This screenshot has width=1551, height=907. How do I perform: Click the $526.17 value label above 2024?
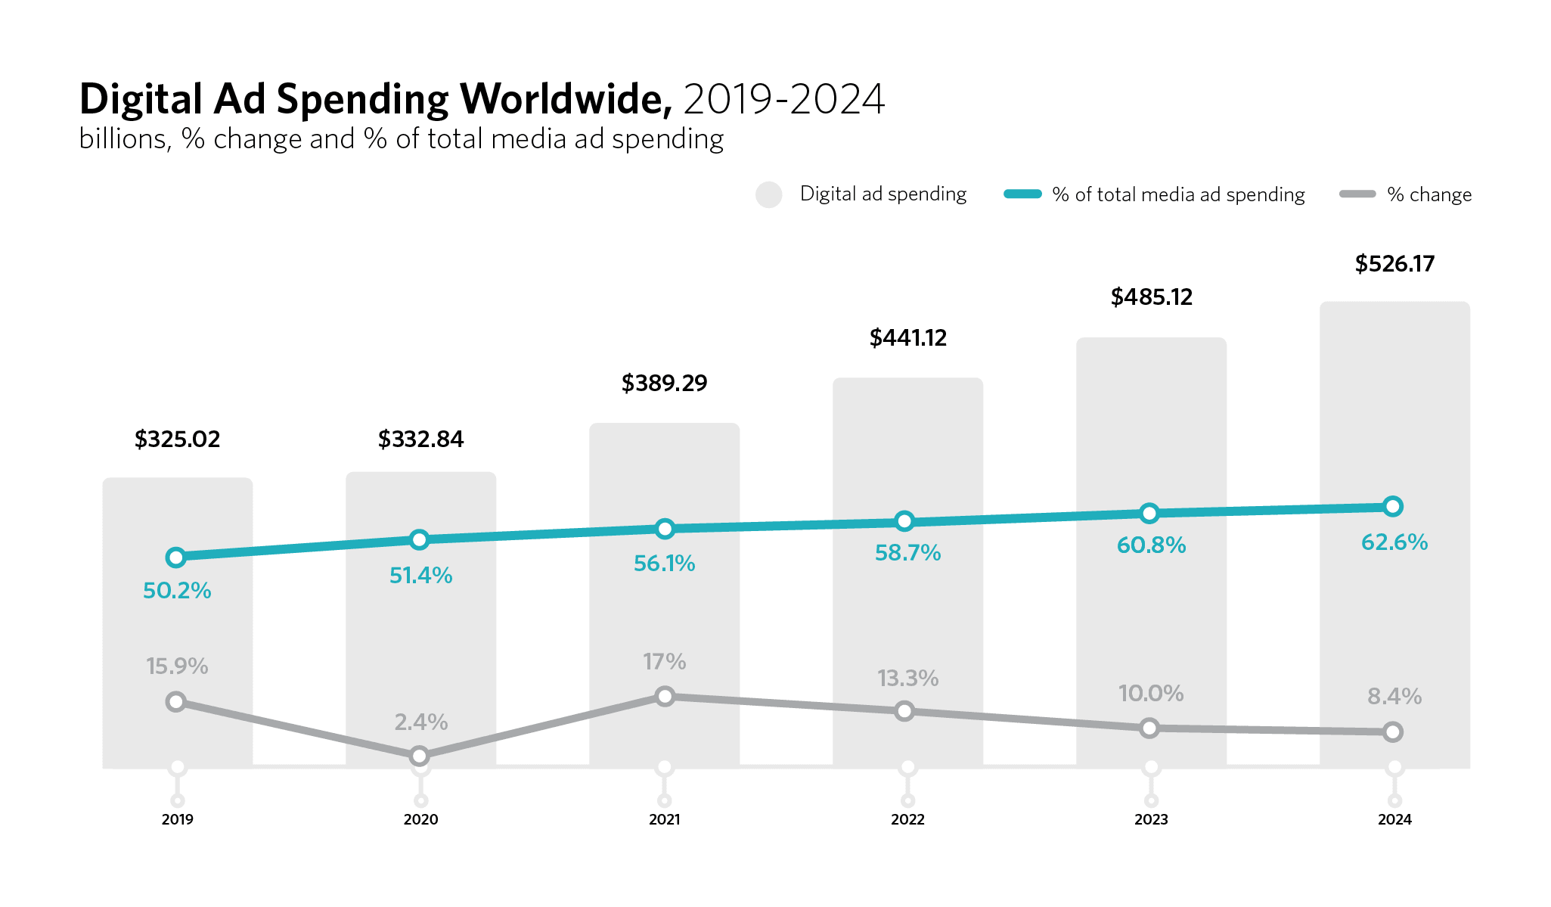1394,264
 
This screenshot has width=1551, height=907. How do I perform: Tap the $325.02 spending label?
177,440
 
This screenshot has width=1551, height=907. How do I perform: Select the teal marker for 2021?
665,529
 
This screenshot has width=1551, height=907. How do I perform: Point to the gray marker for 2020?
419,756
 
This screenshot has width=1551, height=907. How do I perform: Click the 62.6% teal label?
1394,542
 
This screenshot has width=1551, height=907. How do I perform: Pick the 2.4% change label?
420,722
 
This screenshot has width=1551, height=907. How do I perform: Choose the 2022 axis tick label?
907,819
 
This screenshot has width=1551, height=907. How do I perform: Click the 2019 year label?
177,819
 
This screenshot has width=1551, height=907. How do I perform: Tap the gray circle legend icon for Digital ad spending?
768,194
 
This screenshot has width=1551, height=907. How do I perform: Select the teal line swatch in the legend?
1022,194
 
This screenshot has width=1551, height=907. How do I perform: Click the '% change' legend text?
1429,195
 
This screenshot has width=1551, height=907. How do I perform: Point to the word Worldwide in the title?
566,100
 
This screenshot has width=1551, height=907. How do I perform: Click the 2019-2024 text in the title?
783,100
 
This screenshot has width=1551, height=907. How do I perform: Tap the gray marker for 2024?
1393,732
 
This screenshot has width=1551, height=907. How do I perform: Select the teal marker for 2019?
175,558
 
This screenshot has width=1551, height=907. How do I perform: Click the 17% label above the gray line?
665,663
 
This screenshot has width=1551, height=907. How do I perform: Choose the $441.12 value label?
907,338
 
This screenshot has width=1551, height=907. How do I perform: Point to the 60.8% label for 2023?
1151,545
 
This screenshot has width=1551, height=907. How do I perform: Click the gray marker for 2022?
904,711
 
